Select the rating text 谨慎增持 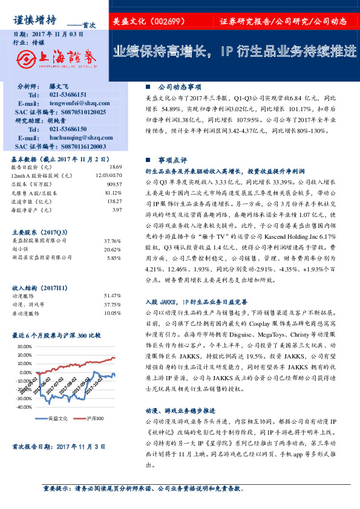pos(35,19)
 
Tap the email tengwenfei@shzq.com pos(79,103)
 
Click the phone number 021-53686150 pos(68,129)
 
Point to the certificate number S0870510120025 pos(76,112)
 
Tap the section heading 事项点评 pos(172,160)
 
